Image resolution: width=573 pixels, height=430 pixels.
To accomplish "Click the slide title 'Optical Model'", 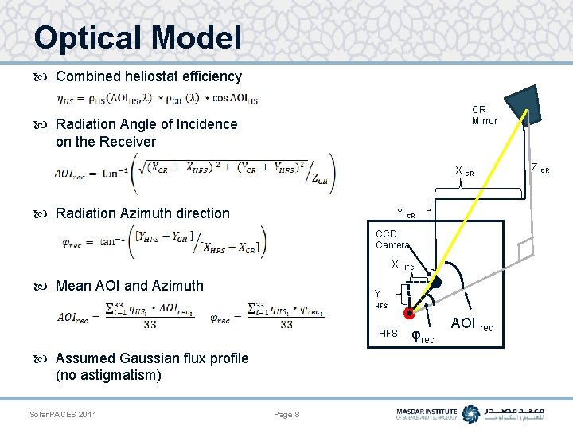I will click(x=137, y=37).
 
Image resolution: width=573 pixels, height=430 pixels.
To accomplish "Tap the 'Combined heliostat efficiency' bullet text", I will click(x=148, y=76).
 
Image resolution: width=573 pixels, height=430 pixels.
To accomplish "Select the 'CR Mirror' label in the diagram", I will click(x=484, y=115).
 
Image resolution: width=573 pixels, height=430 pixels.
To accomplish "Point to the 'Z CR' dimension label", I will click(x=540, y=169).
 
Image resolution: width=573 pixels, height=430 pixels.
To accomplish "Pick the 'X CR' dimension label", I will click(x=464, y=171).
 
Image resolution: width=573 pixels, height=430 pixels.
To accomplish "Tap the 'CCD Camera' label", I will click(x=392, y=240).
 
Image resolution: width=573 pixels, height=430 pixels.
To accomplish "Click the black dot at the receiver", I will click(x=435, y=283).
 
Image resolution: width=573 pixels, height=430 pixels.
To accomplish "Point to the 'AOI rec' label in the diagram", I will click(x=471, y=323).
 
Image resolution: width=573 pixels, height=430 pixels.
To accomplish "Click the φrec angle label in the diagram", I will click(x=423, y=337).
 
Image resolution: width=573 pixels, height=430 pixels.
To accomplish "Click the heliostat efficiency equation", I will click(x=157, y=99).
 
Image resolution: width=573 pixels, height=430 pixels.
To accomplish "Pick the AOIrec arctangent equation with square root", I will click(x=195, y=173).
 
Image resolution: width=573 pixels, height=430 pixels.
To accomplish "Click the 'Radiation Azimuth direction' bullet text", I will click(x=142, y=213).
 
